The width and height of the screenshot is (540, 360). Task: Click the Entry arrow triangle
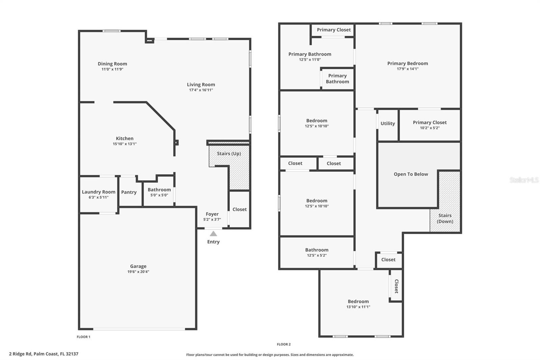tap(213, 234)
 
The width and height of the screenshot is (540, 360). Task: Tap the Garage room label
tap(138, 266)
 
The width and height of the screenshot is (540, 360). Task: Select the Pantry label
tap(129, 192)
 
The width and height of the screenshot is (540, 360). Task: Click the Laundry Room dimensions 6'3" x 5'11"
tap(99, 197)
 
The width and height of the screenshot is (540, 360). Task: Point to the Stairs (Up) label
tap(229, 154)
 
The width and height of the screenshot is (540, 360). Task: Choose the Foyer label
tap(212, 214)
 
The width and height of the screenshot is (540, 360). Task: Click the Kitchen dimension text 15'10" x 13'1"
tap(125, 144)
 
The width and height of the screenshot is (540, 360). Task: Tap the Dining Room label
tap(112, 64)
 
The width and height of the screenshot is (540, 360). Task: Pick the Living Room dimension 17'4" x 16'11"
tap(201, 90)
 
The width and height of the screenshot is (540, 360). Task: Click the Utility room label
tap(388, 124)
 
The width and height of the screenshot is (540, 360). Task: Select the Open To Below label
tap(411, 174)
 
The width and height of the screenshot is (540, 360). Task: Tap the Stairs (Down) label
tap(445, 218)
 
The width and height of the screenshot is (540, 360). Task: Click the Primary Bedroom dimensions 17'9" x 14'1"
tap(408, 69)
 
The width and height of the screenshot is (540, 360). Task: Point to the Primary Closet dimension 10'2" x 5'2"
tap(430, 128)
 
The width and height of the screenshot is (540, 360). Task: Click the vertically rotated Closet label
tap(396, 286)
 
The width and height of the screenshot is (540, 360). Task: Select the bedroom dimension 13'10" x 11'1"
tap(358, 307)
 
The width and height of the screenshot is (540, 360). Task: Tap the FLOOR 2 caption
tap(284, 344)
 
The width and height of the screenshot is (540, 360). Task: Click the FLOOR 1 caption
tap(83, 337)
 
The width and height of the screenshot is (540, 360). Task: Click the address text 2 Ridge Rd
tap(20, 354)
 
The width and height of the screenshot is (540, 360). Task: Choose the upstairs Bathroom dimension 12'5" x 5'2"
tap(317, 255)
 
